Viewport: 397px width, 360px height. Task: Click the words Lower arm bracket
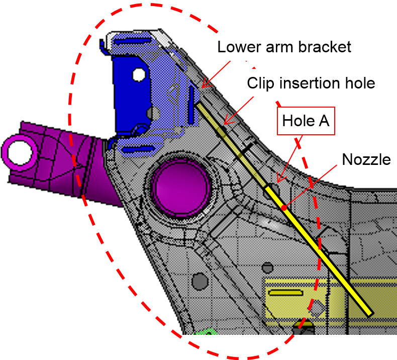click(x=284, y=47)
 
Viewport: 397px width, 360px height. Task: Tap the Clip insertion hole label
click(x=311, y=83)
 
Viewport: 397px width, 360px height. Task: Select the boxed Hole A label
click(x=306, y=121)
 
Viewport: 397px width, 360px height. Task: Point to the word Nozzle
click(x=366, y=159)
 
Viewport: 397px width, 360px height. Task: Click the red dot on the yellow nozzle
click(x=284, y=207)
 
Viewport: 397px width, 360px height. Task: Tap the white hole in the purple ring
click(x=20, y=151)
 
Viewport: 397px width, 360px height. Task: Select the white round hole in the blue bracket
click(x=138, y=75)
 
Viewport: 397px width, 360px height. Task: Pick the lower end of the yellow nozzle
click(x=370, y=314)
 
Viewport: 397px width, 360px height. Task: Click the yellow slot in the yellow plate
click(x=284, y=292)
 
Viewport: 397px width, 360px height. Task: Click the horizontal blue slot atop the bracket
click(x=132, y=42)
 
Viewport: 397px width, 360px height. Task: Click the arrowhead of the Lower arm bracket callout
click(x=202, y=87)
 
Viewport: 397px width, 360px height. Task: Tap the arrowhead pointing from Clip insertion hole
click(x=224, y=123)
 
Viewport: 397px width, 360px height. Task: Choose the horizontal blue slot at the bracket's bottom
click(x=136, y=149)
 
